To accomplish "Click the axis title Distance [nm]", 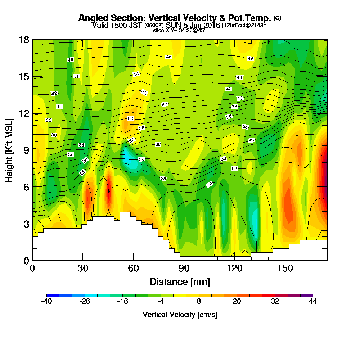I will pyautogui.click(x=180, y=281).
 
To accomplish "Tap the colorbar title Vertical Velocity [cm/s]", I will pyautogui.click(x=180, y=315).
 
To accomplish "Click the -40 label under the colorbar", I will pyautogui.click(x=47, y=302).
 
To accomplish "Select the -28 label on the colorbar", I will pyautogui.click(x=85, y=302).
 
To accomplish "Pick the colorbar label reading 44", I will pyautogui.click(x=313, y=302).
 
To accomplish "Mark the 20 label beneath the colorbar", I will pyautogui.click(x=237, y=302).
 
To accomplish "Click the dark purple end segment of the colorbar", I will pyautogui.click(x=310, y=295).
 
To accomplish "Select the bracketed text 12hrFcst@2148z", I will pyautogui.click(x=245, y=26).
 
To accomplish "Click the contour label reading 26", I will pyautogui.click(x=210, y=184).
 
